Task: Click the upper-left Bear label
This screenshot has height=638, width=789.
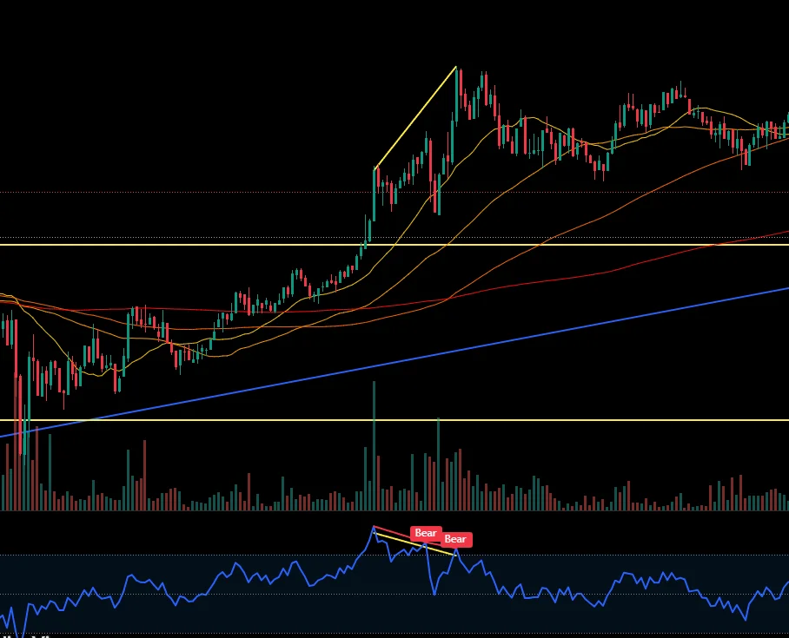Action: pos(425,533)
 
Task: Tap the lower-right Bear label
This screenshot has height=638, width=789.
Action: pos(455,539)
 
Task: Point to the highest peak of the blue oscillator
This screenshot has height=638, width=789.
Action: pos(374,527)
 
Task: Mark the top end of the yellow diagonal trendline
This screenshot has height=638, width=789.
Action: pos(456,67)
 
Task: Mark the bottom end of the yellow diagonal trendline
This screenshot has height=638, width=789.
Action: pos(375,168)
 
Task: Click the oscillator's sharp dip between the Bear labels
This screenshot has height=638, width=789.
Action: pos(434,594)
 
